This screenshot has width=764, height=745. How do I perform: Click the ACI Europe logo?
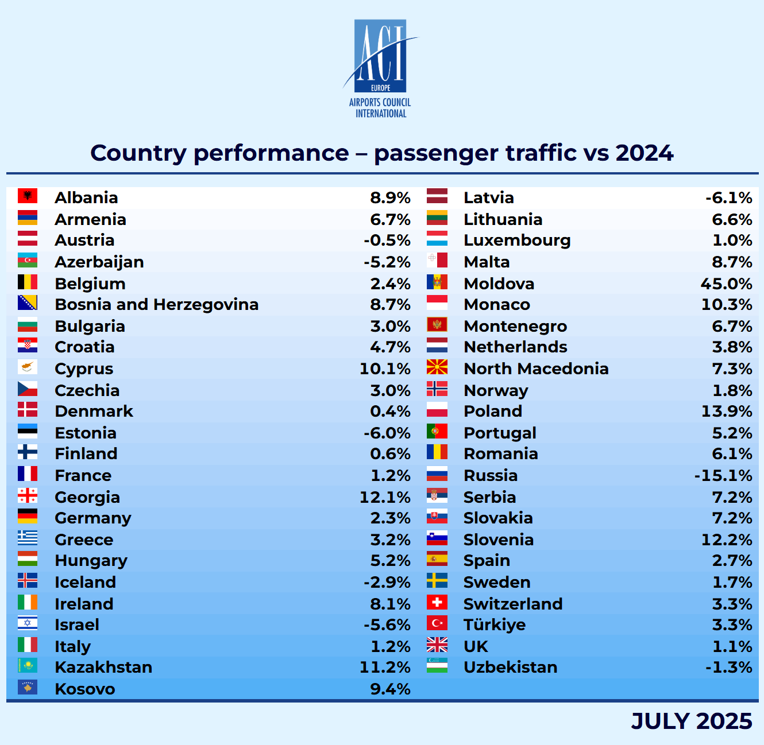380,68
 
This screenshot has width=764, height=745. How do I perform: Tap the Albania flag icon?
28,196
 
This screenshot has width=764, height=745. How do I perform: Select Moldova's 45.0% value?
726,284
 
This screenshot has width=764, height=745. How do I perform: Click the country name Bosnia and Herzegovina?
156,304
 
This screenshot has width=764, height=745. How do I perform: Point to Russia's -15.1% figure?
723,475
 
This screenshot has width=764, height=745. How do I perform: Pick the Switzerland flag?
437,603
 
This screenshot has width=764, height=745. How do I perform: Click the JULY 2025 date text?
691,721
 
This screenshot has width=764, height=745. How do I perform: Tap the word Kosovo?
85,689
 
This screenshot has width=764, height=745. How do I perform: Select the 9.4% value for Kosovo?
390,689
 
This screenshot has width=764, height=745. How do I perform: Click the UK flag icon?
437,645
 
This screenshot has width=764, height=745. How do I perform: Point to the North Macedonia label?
536,368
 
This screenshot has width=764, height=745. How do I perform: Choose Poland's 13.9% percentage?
727,411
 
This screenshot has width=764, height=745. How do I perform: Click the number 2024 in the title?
644,153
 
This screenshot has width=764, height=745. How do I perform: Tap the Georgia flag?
28,496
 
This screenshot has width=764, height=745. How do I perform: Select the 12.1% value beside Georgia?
385,497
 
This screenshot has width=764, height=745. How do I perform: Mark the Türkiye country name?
495,624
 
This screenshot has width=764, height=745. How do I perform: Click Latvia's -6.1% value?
728,197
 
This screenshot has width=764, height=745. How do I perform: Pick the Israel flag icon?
28,623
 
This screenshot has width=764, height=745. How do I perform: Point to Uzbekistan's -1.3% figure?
728,667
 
